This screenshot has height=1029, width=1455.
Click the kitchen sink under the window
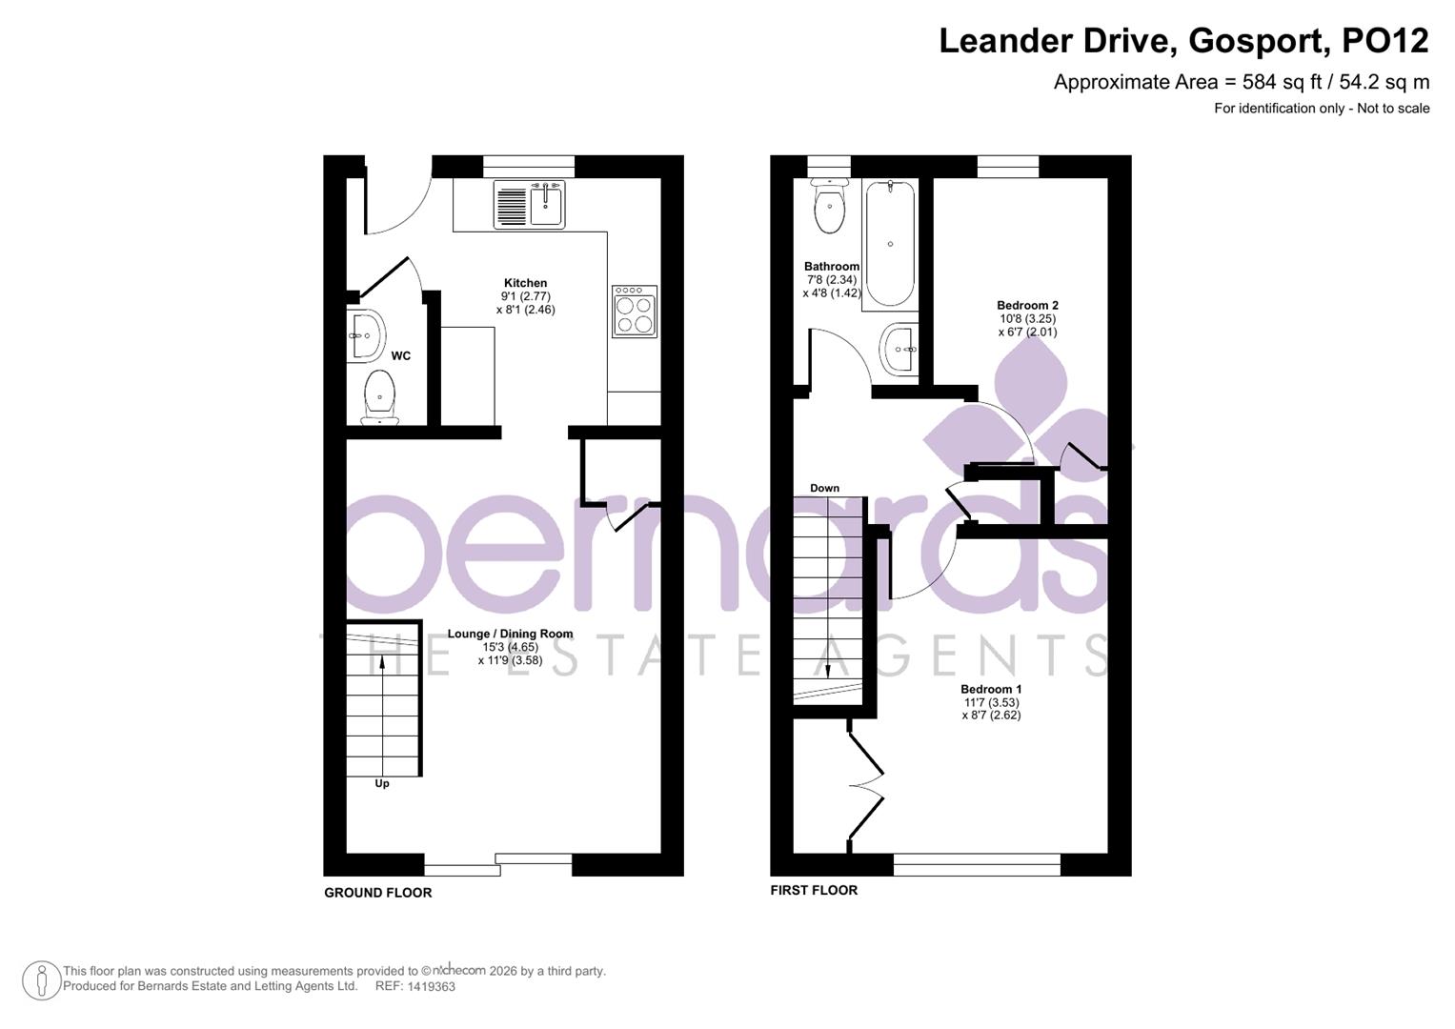pos(529,204)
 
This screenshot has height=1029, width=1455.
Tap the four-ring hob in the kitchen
pos(634,312)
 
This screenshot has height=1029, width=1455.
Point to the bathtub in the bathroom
pos(890,243)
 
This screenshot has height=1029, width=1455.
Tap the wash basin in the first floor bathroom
pos(899,350)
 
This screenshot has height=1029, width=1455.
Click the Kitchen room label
pos(525,283)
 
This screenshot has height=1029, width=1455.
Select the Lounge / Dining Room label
pos(510,634)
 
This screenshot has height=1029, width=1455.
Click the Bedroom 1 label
pos(990,689)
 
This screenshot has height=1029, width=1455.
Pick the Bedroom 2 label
pos(1027,306)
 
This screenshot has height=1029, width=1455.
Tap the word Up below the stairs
pos(381,784)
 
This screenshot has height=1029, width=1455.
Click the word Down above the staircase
pos(824,488)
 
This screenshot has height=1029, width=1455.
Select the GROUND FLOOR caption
pos(377,893)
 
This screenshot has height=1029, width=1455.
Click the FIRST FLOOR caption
pos(813,890)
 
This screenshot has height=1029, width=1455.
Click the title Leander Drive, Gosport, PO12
pos(1182,41)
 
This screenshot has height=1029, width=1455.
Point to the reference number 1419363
pos(431,987)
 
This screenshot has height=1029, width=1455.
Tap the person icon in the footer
pos(41,979)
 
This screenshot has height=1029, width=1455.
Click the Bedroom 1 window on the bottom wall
pos(976,864)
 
